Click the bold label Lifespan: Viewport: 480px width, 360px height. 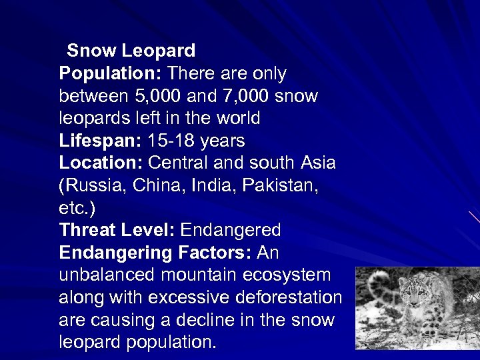pyautogui.click(x=99, y=141)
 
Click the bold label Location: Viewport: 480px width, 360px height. pyautogui.click(x=101, y=163)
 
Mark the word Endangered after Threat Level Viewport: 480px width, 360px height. pyautogui.click(x=231, y=231)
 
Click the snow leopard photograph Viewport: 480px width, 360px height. pyautogui.click(x=417, y=308)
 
